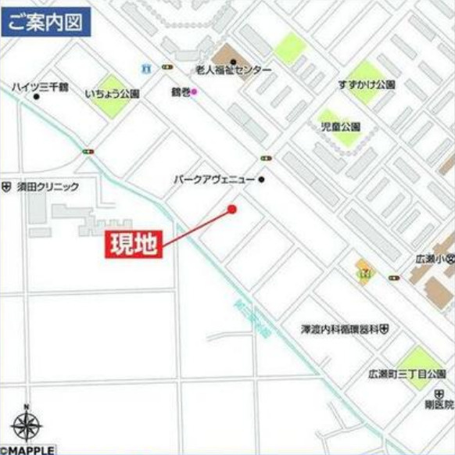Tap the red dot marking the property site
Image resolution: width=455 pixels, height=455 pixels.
tap(231, 209)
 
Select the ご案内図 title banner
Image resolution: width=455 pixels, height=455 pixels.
tap(46, 21)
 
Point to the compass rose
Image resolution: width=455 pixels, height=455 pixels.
tap(27, 425)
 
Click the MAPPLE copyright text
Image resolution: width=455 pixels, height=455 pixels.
tap(28, 450)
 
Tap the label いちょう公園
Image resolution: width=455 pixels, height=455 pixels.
tap(112, 93)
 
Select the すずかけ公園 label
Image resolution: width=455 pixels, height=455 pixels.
tap(367, 84)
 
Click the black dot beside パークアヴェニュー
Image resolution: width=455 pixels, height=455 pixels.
tap(262, 180)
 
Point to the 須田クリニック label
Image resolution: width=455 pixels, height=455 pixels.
tap(48, 188)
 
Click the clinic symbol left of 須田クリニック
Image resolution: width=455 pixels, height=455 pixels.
tap(6, 188)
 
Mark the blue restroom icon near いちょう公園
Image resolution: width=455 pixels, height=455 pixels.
tap(145, 68)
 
